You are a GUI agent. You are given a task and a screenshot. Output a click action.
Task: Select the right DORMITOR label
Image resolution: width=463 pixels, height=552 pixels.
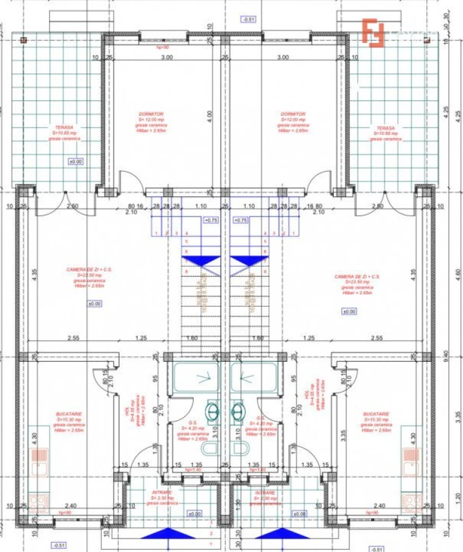click(x=293, y=114)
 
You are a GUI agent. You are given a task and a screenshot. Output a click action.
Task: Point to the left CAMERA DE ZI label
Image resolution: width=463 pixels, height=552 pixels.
click(x=89, y=269)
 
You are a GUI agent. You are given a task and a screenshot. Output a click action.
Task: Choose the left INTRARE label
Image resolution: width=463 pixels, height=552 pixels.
click(x=162, y=493)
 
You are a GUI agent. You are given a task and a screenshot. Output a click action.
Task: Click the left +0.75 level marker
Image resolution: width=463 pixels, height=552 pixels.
click(x=210, y=220)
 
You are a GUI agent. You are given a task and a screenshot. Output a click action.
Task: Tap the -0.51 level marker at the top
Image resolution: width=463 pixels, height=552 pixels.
click(x=249, y=20)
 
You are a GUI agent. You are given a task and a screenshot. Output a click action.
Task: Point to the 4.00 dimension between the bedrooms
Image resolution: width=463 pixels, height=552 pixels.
click(x=209, y=113)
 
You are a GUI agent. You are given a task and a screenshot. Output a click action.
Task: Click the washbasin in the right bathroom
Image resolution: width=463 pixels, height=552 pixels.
click(x=239, y=409)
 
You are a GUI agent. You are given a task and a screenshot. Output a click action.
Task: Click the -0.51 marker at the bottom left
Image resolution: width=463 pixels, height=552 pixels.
click(x=59, y=545)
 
